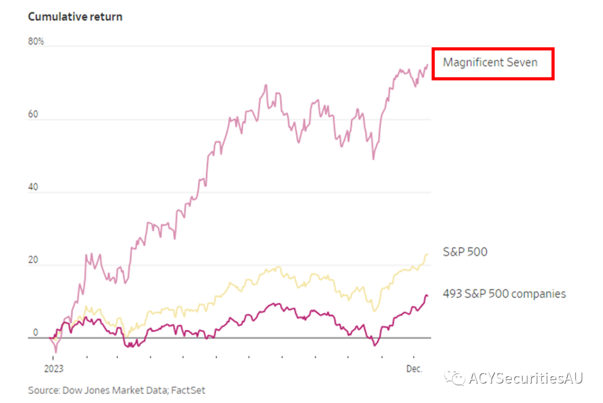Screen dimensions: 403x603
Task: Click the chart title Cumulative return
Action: pyautogui.click(x=75, y=17)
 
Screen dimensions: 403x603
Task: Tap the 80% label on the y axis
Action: pyautogui.click(x=37, y=41)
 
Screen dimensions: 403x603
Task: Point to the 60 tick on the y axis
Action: pyautogui.click(x=34, y=114)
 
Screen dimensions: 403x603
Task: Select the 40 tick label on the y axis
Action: pyautogui.click(x=34, y=187)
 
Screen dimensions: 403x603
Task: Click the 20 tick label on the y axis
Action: pyautogui.click(x=34, y=260)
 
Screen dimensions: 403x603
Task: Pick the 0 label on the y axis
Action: pyautogui.click(x=35, y=333)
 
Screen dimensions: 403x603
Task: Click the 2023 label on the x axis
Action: pyautogui.click(x=54, y=369)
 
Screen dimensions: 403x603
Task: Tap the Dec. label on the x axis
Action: pyautogui.click(x=414, y=369)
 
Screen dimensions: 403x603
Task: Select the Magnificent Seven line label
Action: pyautogui.click(x=490, y=62)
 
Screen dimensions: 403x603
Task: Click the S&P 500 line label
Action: pyautogui.click(x=465, y=252)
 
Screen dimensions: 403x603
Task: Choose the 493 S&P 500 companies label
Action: pyautogui.click(x=504, y=294)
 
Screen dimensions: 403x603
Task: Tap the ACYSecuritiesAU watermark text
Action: pyautogui.click(x=526, y=378)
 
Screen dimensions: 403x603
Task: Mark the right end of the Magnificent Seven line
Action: pyautogui.click(x=428, y=65)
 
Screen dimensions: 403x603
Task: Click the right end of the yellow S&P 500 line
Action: pyautogui.click(x=427, y=255)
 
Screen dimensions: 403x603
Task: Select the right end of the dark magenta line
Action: pyautogui.click(x=427, y=296)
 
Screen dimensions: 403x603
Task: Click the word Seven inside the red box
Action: pyautogui.click(x=522, y=62)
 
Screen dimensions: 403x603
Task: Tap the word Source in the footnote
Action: pyautogui.click(x=43, y=390)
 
